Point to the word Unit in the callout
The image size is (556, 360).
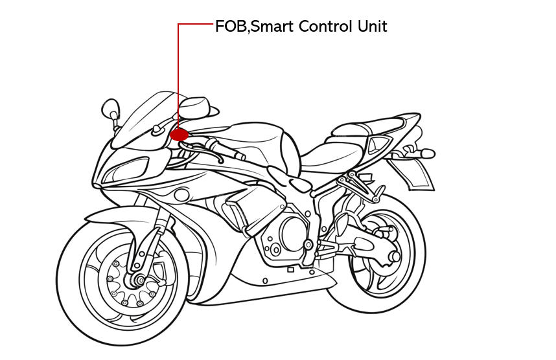[x=372, y=27]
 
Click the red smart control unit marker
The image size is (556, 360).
[x=179, y=135]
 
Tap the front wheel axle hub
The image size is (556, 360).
[x=137, y=280]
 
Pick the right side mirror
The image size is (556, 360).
[x=194, y=104]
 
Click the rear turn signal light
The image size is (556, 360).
[x=427, y=153]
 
